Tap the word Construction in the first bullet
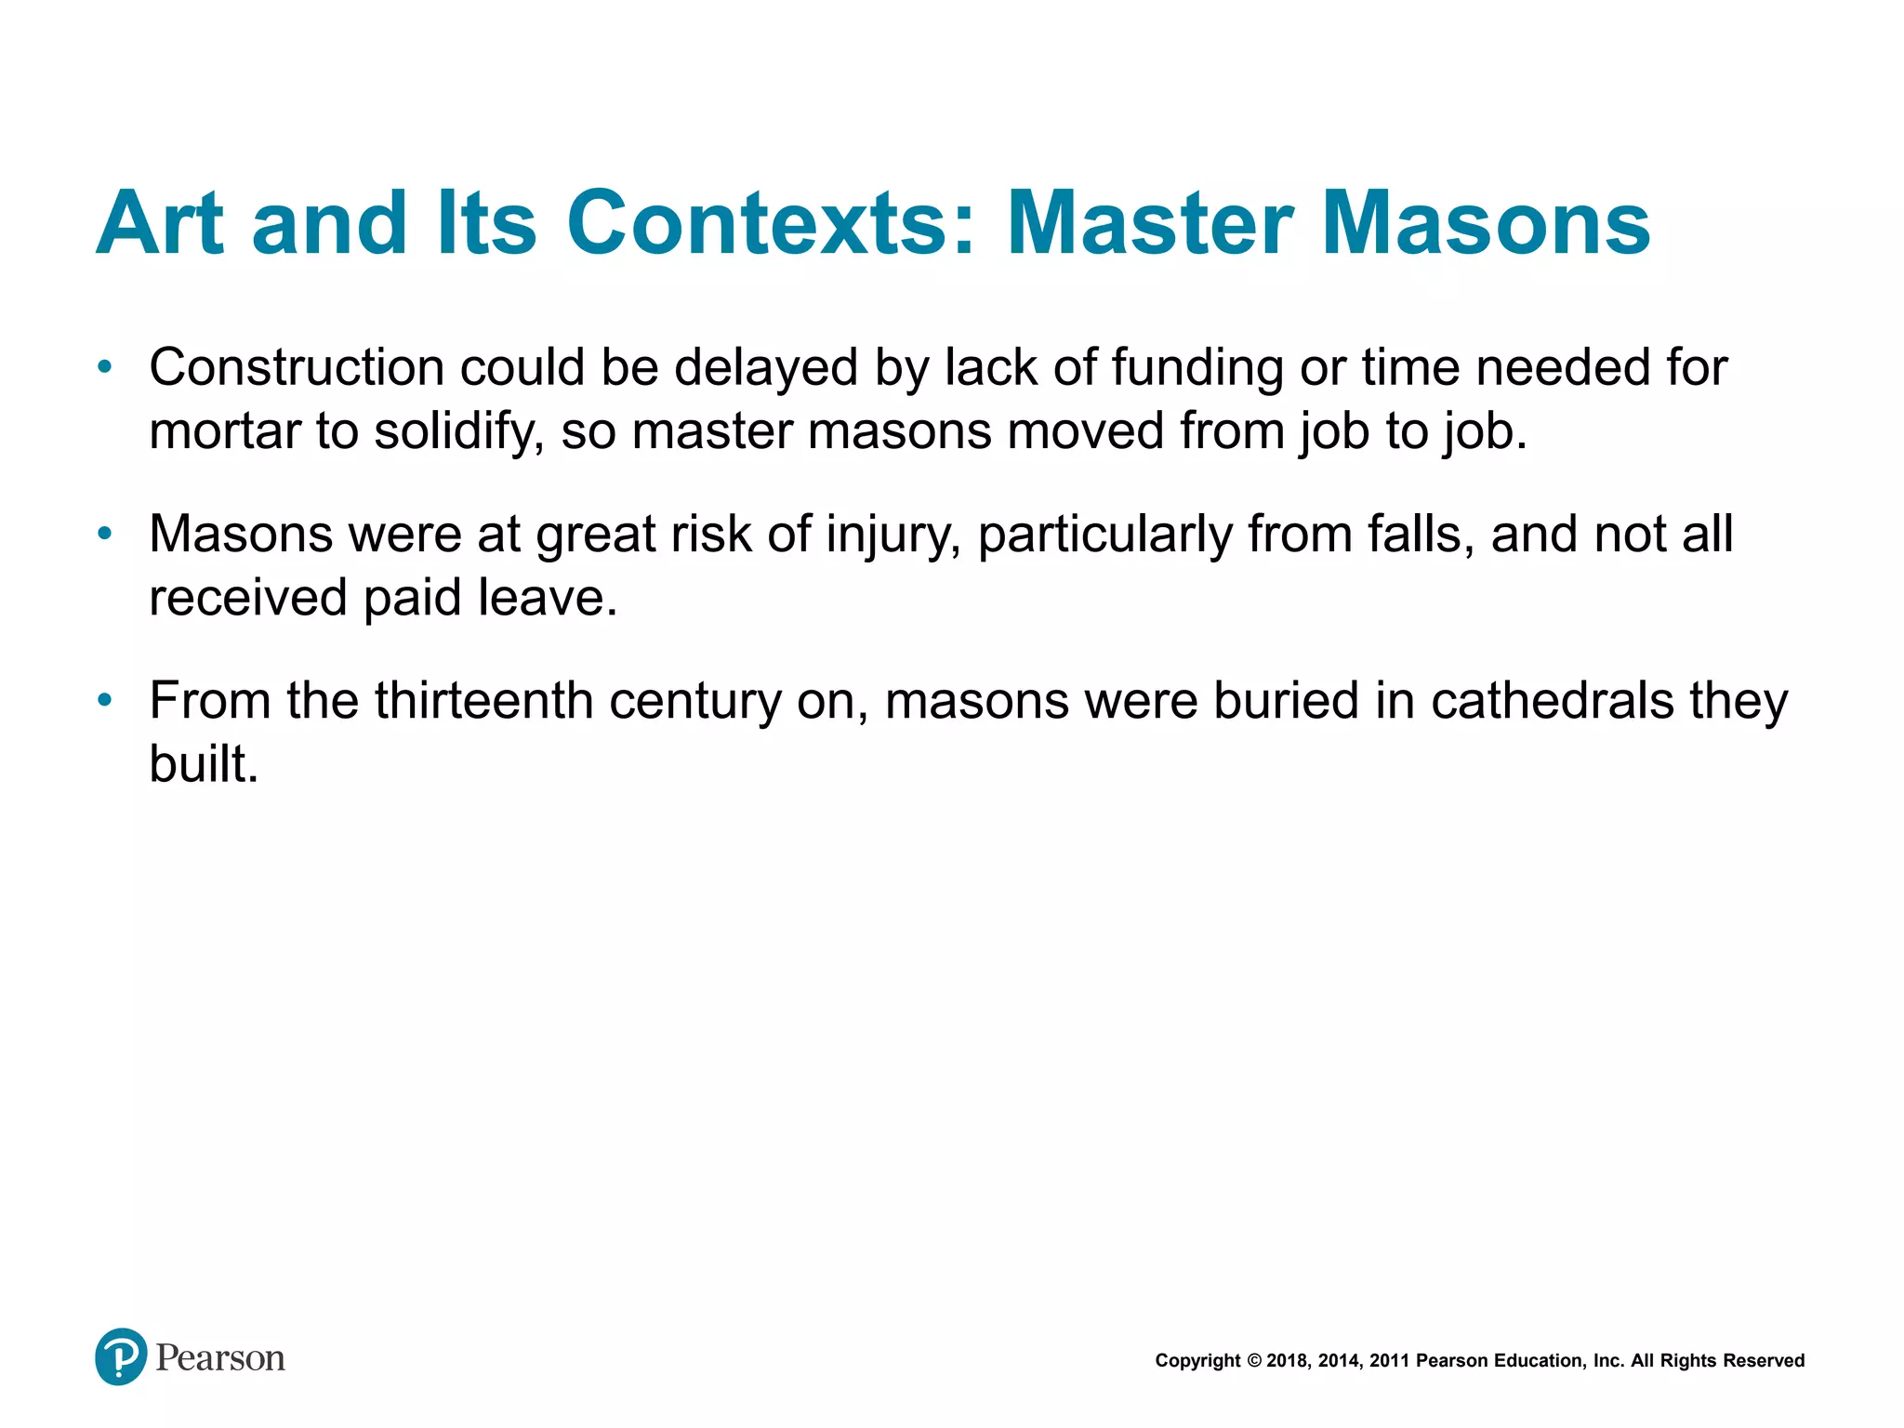tap(297, 367)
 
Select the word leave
tap(548, 598)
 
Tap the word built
tap(204, 764)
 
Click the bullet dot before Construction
tap(105, 367)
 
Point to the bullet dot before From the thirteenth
tap(105, 700)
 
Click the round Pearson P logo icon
tap(121, 1356)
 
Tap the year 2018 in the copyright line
tap(1287, 1361)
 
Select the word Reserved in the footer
tap(1765, 1361)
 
